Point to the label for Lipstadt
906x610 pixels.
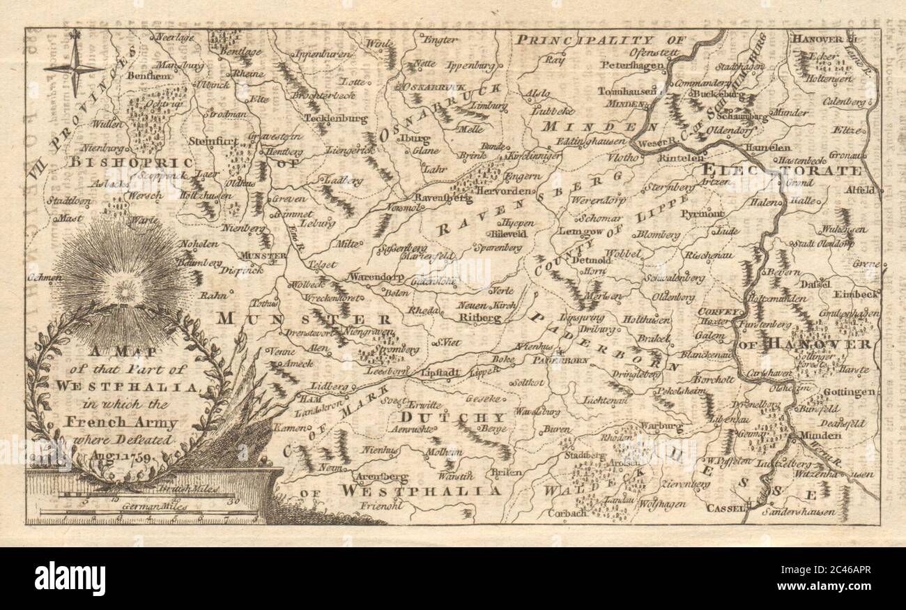440,373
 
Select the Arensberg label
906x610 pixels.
380,477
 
